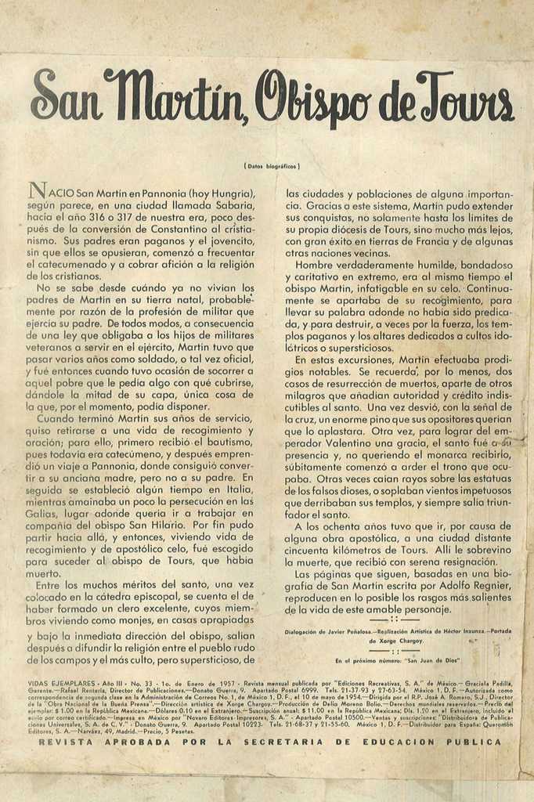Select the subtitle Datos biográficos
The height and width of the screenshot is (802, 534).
coord(272,166)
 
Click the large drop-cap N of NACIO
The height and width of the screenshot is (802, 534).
coord(35,190)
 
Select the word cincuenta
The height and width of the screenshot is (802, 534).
coord(309,549)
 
